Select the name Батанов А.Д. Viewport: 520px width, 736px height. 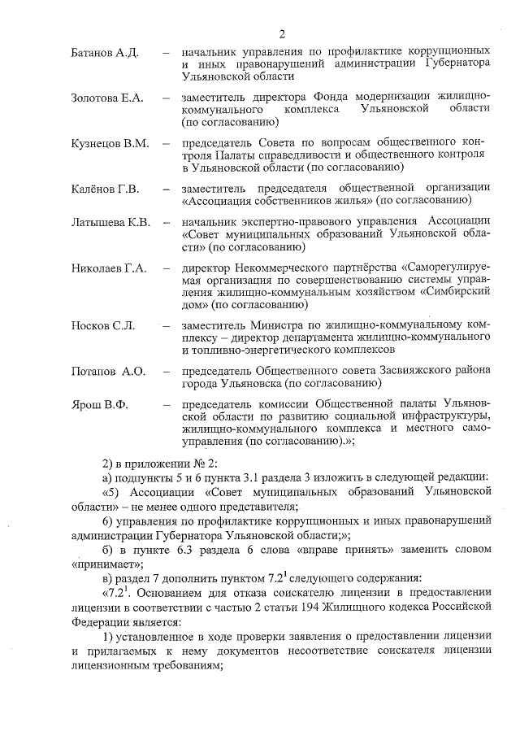point(106,52)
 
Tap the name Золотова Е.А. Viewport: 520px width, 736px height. point(107,98)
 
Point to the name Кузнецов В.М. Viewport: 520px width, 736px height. point(110,143)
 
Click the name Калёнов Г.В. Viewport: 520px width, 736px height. point(106,189)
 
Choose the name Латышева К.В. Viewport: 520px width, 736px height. point(110,222)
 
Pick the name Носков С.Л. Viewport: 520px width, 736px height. point(102,325)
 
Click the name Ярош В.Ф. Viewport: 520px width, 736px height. point(100,404)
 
